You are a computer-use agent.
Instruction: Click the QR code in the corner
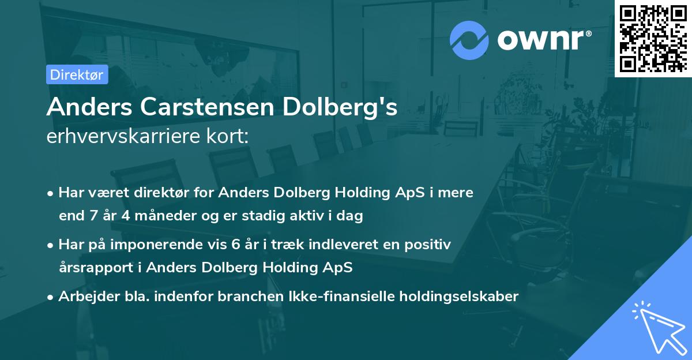[x=653, y=39]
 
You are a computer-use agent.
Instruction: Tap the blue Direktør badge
[x=77, y=74]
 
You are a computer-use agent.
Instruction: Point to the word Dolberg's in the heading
[x=343, y=107]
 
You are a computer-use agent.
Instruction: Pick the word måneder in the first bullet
[x=145, y=216]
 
